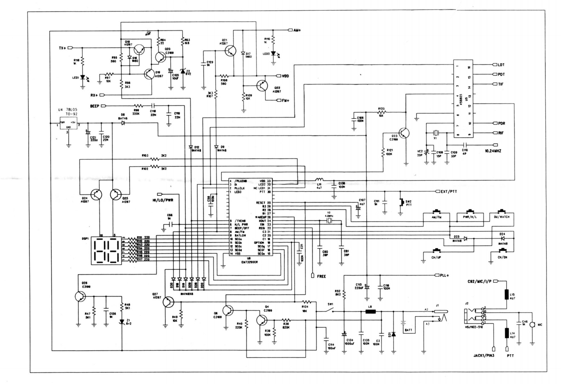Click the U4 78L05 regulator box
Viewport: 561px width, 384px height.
pyautogui.click(x=68, y=124)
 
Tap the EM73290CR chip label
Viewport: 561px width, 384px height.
pyautogui.click(x=250, y=262)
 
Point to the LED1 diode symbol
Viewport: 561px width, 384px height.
pyautogui.click(x=82, y=78)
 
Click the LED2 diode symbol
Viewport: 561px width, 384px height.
pyautogui.click(x=273, y=53)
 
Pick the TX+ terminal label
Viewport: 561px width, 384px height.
pyautogui.click(x=63, y=48)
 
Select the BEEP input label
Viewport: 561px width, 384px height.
pyautogui.click(x=94, y=106)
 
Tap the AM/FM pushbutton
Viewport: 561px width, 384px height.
pyautogui.click(x=436, y=217)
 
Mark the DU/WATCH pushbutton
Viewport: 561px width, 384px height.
pyautogui.click(x=501, y=217)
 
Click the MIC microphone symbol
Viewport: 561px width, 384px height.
pyautogui.click(x=532, y=324)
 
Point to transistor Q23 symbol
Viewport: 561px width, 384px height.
pyautogui.click(x=404, y=133)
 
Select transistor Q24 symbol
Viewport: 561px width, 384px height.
pyautogui.click(x=97, y=195)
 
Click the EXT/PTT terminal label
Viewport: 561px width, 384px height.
pyautogui.click(x=449, y=191)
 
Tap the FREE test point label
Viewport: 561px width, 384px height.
pyautogui.click(x=321, y=276)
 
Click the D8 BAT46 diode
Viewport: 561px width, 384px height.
pyautogui.click(x=123, y=123)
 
